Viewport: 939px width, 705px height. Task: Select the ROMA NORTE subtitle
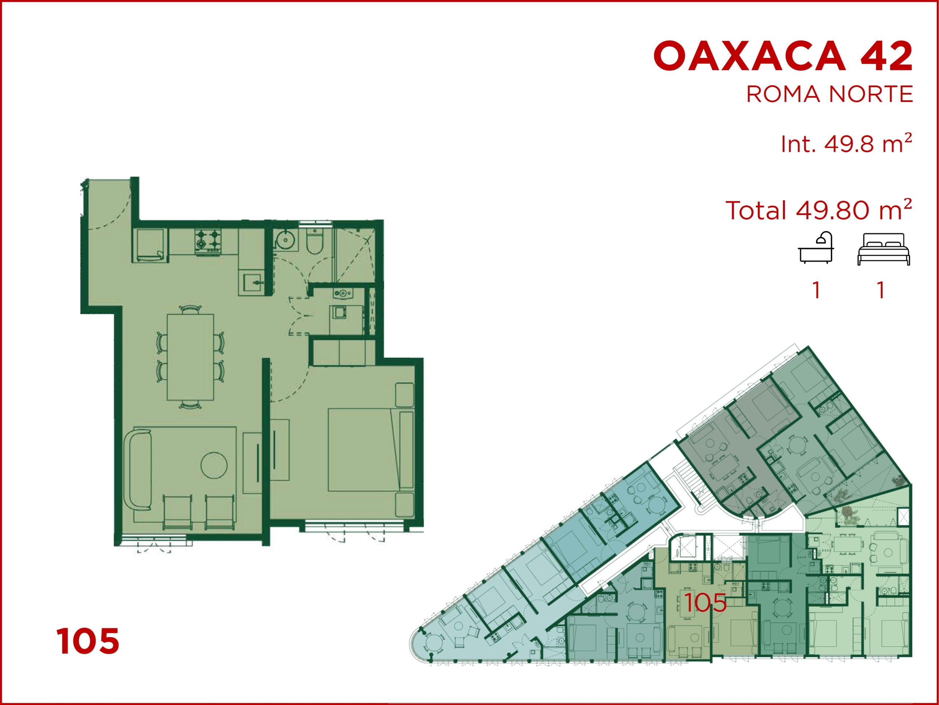[829, 94]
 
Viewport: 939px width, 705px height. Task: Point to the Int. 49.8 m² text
[846, 143]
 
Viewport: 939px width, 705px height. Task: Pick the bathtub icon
[815, 248]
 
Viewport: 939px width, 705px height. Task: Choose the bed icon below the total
[883, 249]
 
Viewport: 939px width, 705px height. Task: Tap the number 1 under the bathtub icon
[816, 291]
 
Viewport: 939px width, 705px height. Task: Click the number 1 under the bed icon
[881, 291]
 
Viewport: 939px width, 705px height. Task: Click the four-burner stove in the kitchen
[208, 241]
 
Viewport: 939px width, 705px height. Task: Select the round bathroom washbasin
[285, 240]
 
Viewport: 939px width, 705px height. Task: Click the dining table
[190, 357]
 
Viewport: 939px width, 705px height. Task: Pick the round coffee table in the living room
[214, 465]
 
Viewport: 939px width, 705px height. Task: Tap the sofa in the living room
[138, 470]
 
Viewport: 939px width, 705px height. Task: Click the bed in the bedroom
[370, 450]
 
